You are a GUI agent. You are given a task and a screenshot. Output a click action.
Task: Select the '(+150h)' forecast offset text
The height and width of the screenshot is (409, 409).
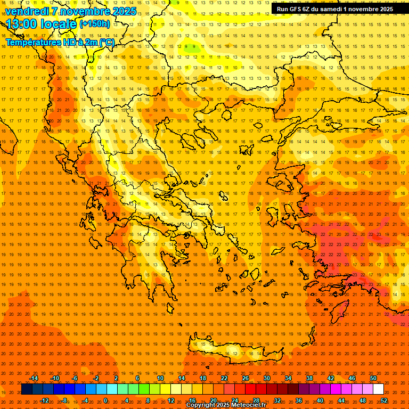pyautogui.click(x=95, y=24)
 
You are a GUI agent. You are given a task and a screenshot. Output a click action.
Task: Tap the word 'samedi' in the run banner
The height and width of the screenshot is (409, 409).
pyautogui.click(x=333, y=9)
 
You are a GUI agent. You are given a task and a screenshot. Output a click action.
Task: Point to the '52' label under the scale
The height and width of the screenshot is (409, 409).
pyautogui.click(x=383, y=400)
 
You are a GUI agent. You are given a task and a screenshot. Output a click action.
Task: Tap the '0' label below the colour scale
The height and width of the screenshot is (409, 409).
pyautogui.click(x=105, y=400)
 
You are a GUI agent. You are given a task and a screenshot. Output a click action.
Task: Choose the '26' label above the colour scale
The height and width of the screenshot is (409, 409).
pyautogui.click(x=245, y=378)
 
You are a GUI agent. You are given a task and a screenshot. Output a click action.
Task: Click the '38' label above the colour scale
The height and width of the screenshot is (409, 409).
pyautogui.click(x=309, y=378)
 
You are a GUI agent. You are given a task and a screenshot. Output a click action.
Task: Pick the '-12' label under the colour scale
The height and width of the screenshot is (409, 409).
pyautogui.click(x=44, y=400)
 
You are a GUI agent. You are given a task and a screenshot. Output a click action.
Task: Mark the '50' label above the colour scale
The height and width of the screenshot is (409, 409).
pyautogui.click(x=373, y=378)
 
